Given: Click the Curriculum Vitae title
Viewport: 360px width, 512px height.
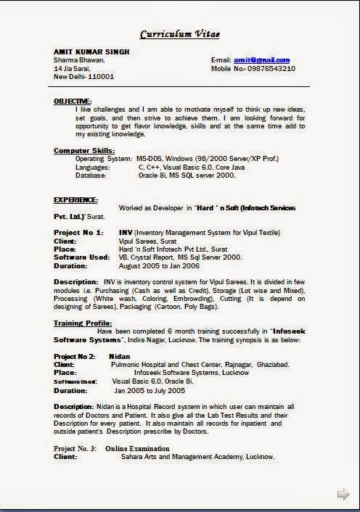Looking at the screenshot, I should [179, 34].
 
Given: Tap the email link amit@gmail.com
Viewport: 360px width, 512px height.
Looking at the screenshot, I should [261, 60].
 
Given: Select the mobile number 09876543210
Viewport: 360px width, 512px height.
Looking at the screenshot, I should [269, 68].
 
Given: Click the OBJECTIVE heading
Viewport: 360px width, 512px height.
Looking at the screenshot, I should [73, 102].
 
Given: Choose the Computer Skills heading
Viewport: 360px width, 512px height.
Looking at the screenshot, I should [84, 150].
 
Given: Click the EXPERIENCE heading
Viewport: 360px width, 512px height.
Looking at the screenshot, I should [76, 199].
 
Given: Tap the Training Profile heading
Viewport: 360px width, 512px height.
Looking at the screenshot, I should [83, 323].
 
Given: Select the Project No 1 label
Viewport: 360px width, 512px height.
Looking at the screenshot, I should [77, 232].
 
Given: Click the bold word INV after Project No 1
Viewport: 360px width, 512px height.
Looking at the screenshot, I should [125, 232].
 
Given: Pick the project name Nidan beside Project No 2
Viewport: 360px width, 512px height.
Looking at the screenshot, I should [119, 356].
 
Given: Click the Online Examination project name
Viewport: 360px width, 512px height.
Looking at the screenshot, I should [137, 449].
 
